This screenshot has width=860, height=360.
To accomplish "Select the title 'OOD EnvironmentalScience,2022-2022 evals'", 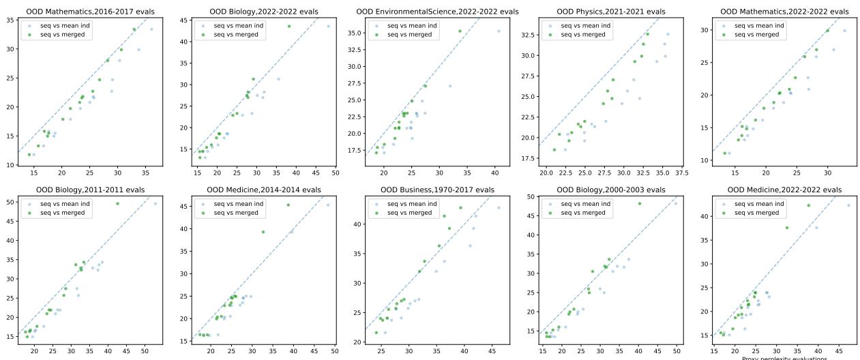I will [437, 12].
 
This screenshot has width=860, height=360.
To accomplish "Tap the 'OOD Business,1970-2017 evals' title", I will [437, 190].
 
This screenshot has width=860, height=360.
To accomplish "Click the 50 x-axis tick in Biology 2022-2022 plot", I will [336, 175].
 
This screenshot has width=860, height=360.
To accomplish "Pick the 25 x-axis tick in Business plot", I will [381, 352].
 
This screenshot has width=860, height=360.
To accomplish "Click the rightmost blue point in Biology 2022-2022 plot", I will [328, 26].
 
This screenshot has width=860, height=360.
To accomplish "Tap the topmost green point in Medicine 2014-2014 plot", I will [288, 205].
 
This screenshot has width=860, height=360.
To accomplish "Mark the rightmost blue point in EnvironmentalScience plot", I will [498, 31].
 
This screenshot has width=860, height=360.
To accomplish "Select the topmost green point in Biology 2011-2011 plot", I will [117, 203].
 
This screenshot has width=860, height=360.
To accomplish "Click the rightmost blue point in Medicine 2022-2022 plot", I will [848, 205].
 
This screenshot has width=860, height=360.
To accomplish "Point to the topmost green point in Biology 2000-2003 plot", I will [639, 203].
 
